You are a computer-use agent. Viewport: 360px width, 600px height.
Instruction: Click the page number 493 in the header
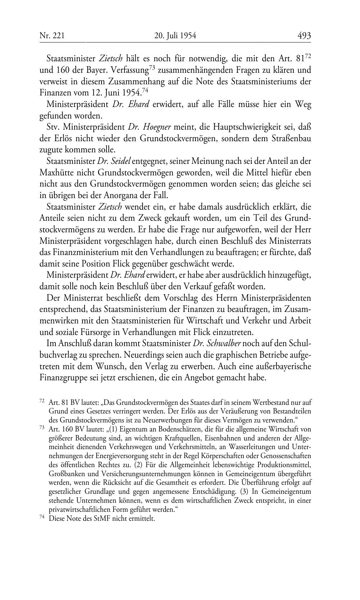pos(304,36)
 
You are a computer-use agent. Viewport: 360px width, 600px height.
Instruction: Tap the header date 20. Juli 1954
pos(175,36)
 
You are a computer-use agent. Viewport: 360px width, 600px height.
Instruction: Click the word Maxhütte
pos(56,173)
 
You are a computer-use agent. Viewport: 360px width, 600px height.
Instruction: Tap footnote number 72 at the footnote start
pos(41,400)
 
